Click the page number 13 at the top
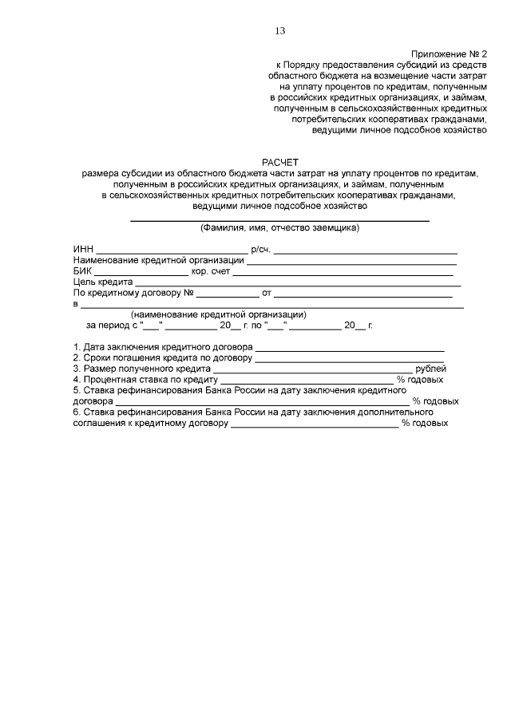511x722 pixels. coord(279,31)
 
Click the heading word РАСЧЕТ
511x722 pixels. coord(279,161)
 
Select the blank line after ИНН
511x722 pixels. coord(172,251)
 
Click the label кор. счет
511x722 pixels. coord(211,270)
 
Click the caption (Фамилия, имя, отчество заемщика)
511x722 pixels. coord(279,228)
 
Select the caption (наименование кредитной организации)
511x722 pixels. coord(219,314)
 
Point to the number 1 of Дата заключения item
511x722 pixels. coord(76,347)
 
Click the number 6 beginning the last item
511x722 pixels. coord(76,412)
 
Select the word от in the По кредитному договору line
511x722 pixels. coord(267,293)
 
